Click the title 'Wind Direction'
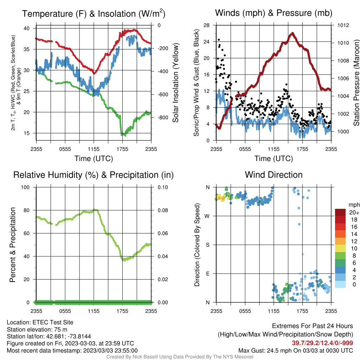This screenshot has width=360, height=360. point(274,175)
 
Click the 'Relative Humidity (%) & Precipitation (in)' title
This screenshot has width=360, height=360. point(94,175)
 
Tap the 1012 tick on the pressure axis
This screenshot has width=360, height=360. point(343,25)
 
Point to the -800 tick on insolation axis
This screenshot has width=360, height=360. point(163,117)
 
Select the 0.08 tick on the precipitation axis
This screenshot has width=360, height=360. point(163,210)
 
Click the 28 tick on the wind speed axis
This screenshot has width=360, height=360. point(207,25)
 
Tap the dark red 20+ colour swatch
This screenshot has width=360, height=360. point(340,212)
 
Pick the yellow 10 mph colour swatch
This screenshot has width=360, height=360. point(340,249)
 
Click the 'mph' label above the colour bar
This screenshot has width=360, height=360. point(354,205)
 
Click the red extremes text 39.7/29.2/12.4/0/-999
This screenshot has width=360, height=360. point(322,343)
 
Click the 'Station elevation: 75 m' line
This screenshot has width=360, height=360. point(37,330)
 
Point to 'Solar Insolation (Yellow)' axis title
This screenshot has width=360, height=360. point(175,83)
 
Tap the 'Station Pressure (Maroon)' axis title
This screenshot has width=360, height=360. point(356,83)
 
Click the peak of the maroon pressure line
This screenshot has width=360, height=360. point(292,33)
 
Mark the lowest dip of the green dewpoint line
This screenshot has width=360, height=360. point(122,135)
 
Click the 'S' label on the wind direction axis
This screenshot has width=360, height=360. point(207,245)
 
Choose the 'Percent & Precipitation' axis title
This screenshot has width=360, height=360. point(13,245)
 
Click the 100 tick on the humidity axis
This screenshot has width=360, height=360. point(25,187)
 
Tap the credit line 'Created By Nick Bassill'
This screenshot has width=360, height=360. point(180,357)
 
